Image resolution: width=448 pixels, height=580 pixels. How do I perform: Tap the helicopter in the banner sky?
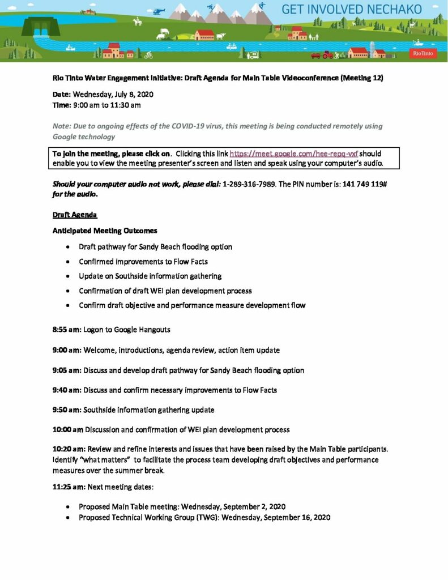(159, 11)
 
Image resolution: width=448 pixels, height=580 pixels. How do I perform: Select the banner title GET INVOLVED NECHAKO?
(352, 10)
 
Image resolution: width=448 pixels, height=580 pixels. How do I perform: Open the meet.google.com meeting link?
(294, 153)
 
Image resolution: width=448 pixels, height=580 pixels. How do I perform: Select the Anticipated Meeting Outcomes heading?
(105, 231)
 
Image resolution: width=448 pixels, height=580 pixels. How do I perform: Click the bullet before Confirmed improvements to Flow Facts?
(68, 262)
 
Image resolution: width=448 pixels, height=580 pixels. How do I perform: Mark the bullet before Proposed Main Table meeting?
(68, 506)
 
